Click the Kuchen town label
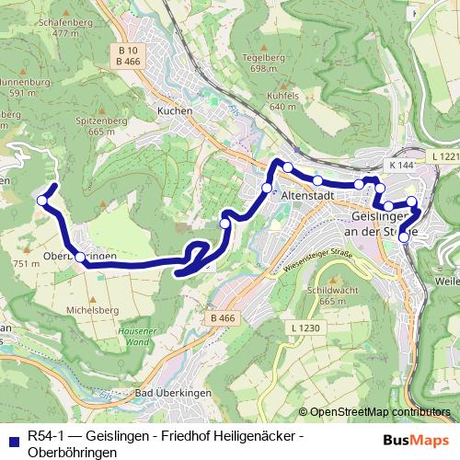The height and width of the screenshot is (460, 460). (x=175, y=110)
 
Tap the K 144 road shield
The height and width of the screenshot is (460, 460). (x=401, y=165)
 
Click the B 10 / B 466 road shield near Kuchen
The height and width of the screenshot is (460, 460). (x=128, y=54)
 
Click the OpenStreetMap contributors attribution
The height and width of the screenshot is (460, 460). (x=381, y=412)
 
